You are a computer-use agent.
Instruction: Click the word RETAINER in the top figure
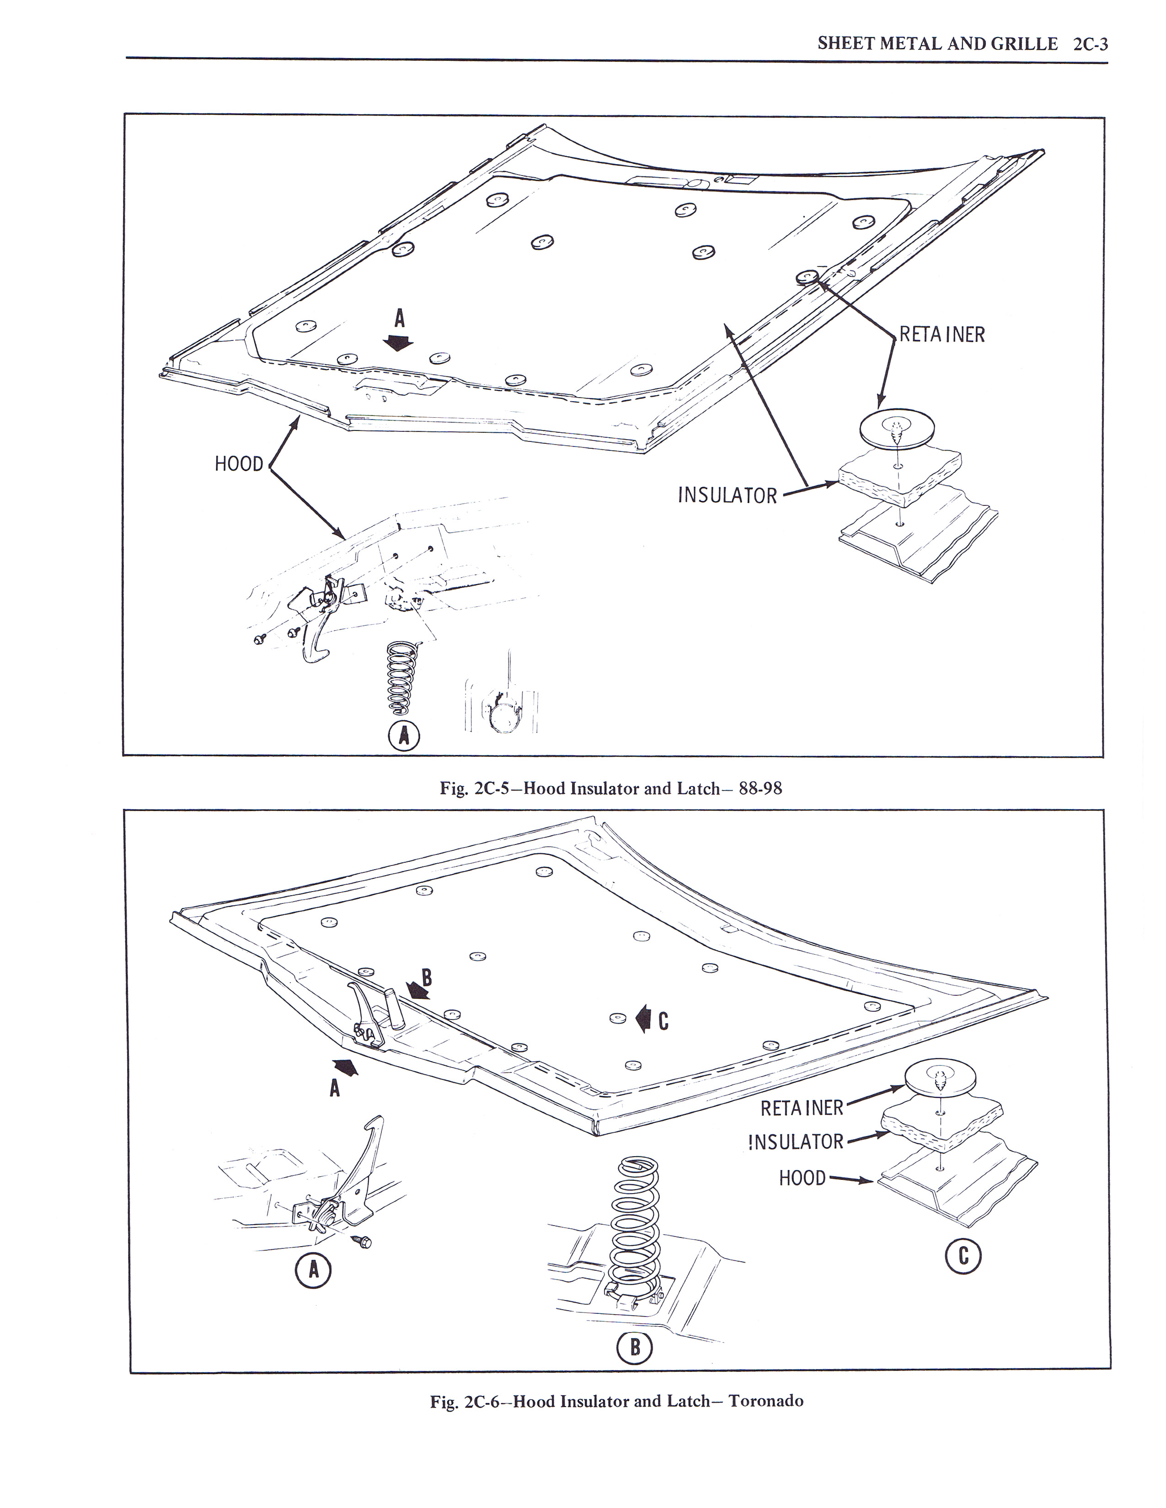click(941, 335)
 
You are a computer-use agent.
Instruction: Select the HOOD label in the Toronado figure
click(802, 1178)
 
